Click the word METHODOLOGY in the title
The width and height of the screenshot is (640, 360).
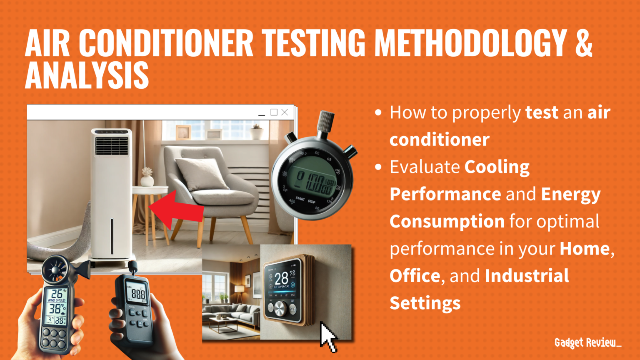(470, 43)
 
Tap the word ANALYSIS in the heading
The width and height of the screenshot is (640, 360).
(87, 75)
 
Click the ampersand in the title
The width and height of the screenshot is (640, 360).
(583, 43)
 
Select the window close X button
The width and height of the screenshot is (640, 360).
(285, 112)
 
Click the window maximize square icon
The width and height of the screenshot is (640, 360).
(274, 112)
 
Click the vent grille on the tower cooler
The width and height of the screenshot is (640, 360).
(112, 146)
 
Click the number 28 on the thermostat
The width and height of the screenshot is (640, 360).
(282, 278)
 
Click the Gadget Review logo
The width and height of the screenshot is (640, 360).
(587, 343)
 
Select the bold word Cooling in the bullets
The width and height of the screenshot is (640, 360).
(497, 167)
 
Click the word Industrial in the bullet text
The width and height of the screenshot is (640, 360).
(527, 276)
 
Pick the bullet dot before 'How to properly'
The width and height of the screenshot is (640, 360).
(378, 112)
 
